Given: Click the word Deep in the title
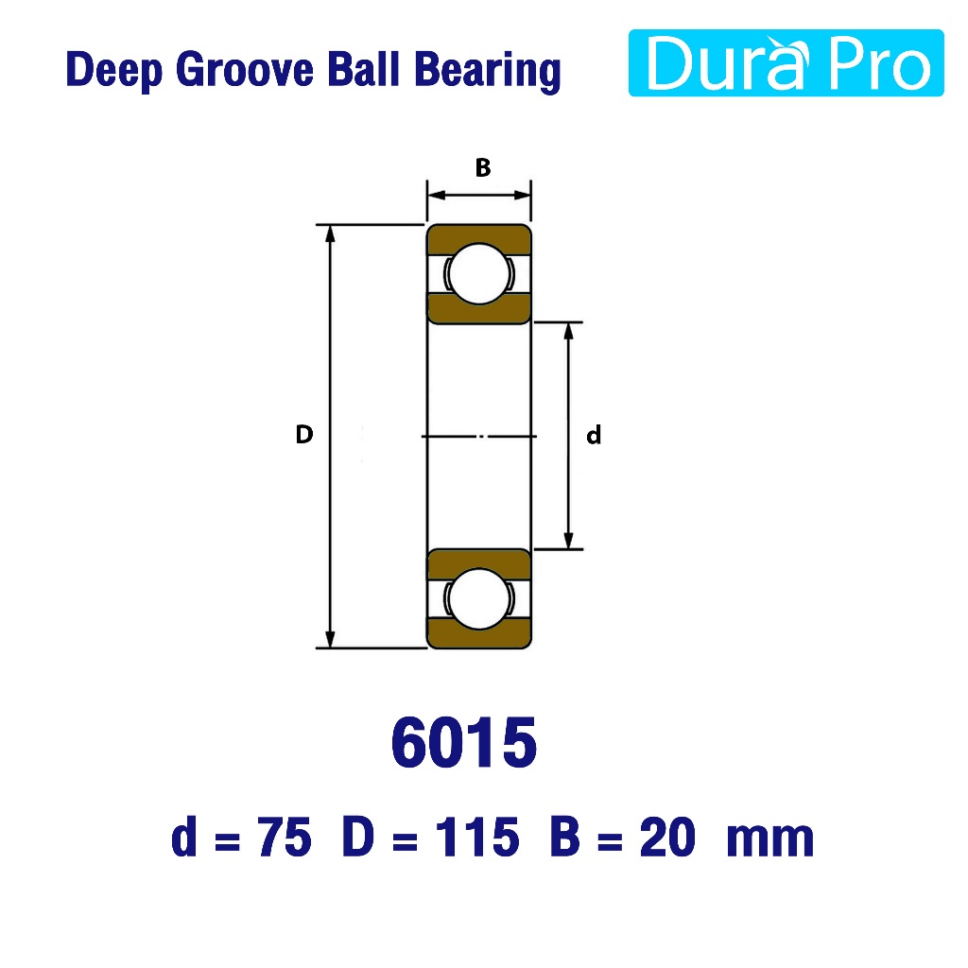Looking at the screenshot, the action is (x=114, y=70).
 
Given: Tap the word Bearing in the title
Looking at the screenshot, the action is (x=488, y=71).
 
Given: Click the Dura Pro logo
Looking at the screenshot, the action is (x=786, y=63).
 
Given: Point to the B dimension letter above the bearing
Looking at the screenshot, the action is (x=483, y=167).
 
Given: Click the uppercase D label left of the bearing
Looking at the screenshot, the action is (x=304, y=435).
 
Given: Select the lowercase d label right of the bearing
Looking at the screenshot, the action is (x=594, y=435).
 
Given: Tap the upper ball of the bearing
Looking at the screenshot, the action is (x=479, y=273).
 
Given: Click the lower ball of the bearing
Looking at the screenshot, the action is (x=479, y=598).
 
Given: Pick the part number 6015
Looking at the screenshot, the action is (x=464, y=742).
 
